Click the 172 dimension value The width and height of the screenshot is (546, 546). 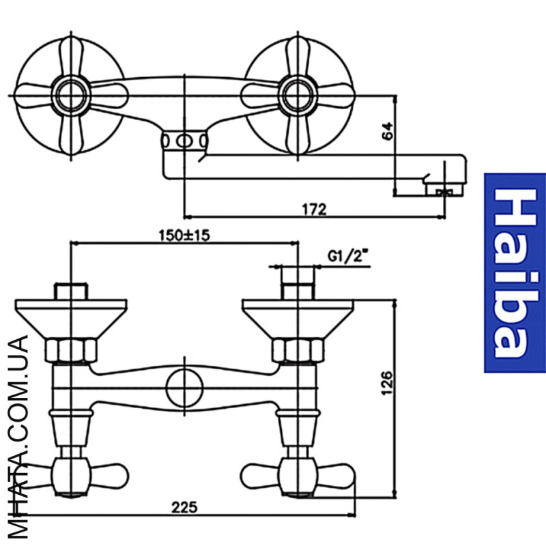(x=314, y=210)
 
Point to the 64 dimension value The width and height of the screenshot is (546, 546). (x=387, y=131)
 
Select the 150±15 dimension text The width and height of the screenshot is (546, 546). (x=184, y=235)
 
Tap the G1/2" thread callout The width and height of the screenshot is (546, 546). (x=348, y=257)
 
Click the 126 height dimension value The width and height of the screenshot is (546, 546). (x=386, y=384)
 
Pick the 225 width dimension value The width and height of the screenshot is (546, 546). (x=184, y=507)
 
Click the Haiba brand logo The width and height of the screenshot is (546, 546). (x=515, y=273)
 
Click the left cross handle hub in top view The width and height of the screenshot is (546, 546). (x=71, y=96)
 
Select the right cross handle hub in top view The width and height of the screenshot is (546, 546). (x=298, y=96)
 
